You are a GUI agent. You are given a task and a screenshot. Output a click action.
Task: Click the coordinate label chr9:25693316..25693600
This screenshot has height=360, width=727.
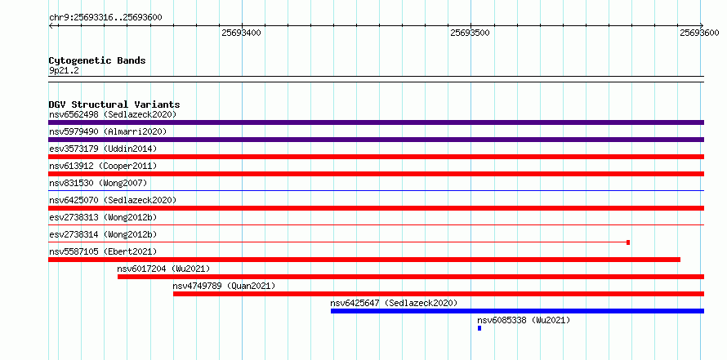click(105, 18)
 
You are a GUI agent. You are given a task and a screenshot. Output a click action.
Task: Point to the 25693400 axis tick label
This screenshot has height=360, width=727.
click(241, 33)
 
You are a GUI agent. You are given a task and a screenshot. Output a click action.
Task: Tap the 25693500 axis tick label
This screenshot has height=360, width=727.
click(471, 33)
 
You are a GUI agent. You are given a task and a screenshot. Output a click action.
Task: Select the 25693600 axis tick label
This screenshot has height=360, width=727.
click(699, 33)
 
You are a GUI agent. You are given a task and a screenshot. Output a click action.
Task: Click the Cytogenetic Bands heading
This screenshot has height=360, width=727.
click(97, 60)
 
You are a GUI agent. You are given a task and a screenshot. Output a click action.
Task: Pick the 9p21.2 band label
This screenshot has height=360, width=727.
click(64, 71)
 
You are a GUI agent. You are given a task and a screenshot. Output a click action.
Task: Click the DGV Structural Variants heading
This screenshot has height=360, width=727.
click(114, 104)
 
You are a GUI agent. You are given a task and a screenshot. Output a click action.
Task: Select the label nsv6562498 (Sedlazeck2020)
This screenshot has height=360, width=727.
click(113, 114)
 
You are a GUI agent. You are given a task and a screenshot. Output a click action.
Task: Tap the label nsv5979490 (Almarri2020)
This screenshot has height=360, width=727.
click(108, 131)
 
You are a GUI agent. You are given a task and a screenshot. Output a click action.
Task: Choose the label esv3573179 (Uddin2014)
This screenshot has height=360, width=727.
click(103, 149)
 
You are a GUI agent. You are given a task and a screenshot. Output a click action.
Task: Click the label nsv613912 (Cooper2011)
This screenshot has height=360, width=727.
click(103, 166)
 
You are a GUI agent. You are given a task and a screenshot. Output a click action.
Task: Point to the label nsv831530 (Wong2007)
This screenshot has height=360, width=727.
click(98, 183)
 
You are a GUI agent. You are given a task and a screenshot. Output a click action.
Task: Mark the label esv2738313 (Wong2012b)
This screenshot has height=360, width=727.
click(103, 217)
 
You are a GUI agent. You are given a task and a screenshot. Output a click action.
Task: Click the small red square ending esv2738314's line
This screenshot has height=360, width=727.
click(628, 242)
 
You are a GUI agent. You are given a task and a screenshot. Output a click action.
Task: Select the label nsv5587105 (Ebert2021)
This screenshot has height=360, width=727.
click(103, 251)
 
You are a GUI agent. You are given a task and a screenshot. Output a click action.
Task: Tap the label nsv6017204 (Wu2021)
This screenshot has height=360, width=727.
click(163, 269)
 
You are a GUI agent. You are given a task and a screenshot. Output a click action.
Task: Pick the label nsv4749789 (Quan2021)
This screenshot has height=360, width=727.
click(224, 286)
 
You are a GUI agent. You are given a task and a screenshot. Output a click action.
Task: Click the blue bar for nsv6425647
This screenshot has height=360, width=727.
click(517, 311)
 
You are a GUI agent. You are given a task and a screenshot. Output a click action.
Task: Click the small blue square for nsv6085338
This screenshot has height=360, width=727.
click(479, 328)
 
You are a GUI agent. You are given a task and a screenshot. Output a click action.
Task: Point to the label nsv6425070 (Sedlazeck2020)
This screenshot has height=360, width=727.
click(113, 200)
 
